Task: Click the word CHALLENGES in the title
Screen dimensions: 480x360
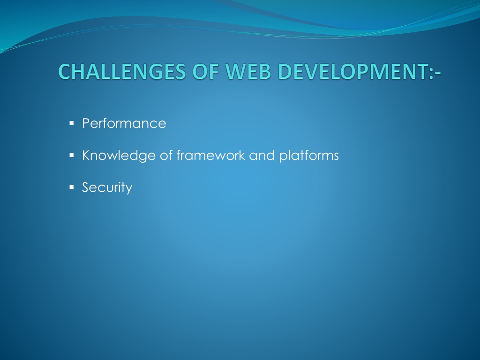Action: click(x=122, y=71)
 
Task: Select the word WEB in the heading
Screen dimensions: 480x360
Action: click(x=248, y=71)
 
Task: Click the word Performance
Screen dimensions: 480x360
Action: click(x=124, y=123)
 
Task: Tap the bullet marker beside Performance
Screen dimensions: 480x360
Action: click(x=72, y=123)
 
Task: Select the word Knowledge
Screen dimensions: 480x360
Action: click(x=119, y=155)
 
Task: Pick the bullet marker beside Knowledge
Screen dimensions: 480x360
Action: click(x=72, y=156)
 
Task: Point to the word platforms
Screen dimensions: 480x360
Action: click(x=309, y=156)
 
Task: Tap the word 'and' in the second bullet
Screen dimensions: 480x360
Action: click(x=262, y=155)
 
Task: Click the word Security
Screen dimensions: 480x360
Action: click(x=107, y=187)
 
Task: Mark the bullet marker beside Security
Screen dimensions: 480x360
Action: click(x=72, y=187)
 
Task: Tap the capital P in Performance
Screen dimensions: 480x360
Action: click(x=86, y=123)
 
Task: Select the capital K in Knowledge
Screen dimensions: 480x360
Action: click(x=86, y=155)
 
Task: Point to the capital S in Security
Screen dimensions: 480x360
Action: click(x=86, y=187)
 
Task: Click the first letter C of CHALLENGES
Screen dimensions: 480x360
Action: click(x=64, y=71)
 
